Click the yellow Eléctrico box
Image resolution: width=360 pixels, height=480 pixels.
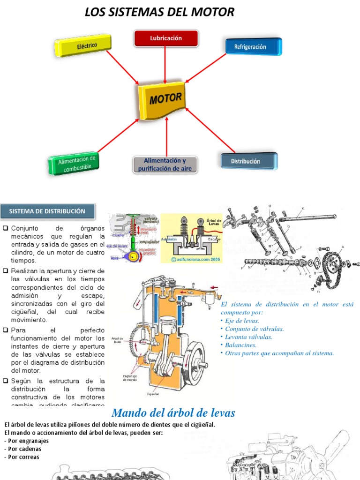[x=83, y=46]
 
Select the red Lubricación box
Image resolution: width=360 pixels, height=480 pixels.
[x=166, y=38]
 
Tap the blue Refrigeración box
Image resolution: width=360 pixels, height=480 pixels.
[x=253, y=47]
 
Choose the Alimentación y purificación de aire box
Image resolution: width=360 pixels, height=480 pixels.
[x=165, y=165]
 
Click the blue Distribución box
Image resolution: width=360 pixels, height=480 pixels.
[x=248, y=161]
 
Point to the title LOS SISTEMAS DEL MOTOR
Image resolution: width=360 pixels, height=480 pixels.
[x=159, y=12]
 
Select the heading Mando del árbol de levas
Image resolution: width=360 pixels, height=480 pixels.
[x=173, y=413]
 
